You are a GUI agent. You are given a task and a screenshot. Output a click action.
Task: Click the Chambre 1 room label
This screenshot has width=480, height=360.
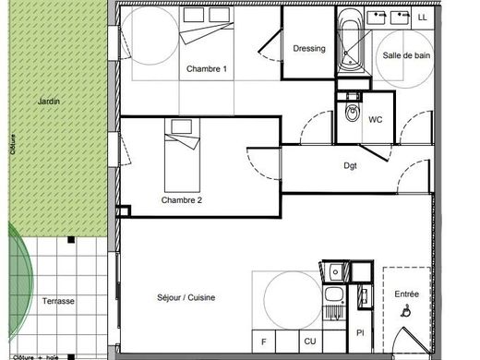[x=207, y=69]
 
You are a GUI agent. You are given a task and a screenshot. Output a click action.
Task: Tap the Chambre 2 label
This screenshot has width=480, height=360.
[x=182, y=200]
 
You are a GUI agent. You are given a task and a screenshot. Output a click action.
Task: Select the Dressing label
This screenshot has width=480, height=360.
[x=309, y=49]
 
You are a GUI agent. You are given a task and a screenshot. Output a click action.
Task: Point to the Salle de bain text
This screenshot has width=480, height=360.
[x=406, y=55]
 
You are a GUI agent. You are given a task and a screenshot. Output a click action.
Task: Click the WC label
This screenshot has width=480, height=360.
[x=376, y=119]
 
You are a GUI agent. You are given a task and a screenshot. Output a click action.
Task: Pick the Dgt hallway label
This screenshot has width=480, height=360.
[x=350, y=166]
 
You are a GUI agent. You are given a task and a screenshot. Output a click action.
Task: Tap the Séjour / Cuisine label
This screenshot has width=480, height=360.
[x=186, y=297]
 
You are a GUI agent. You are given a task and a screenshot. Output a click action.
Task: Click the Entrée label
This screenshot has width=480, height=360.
[x=406, y=294]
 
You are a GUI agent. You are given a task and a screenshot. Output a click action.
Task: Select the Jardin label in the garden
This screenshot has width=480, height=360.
[x=49, y=102]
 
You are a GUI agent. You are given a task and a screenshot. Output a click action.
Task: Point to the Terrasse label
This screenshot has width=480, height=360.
[x=58, y=301]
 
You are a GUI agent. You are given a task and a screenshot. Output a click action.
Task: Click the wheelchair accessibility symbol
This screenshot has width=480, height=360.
[x=406, y=310]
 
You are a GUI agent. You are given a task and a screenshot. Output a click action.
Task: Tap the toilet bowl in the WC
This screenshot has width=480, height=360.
[x=352, y=113]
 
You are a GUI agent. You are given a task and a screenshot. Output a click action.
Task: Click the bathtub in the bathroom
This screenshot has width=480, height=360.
[x=351, y=41]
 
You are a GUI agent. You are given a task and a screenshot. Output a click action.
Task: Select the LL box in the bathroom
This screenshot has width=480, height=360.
[x=423, y=18]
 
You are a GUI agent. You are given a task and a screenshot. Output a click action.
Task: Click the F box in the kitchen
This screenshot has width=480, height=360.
[x=264, y=342]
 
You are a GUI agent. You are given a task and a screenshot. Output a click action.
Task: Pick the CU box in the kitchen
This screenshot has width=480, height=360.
[x=310, y=342]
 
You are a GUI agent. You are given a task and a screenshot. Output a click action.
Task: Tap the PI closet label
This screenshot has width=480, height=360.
[x=360, y=332]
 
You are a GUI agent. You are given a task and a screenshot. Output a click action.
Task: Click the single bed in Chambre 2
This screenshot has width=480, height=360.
[x=182, y=155]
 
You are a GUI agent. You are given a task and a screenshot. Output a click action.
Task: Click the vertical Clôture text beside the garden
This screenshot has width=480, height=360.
[x=13, y=144]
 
